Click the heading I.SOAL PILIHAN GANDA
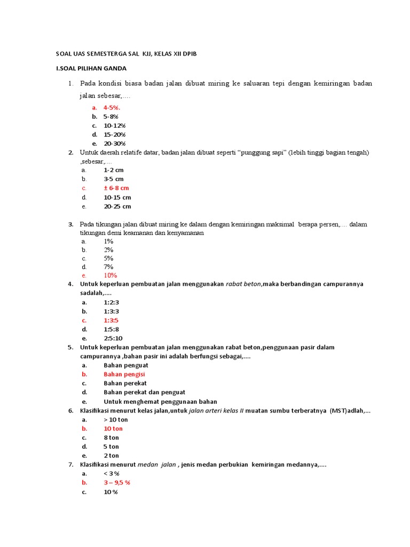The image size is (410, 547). tap(91, 68)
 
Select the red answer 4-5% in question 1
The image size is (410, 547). tap(112, 107)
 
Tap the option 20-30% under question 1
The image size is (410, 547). tap(114, 143)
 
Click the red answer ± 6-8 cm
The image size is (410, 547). tap(116, 188)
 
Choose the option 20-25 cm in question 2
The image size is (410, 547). tap(117, 206)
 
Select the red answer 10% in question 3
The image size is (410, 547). tap(111, 275)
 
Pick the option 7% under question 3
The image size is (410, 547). tap(108, 267)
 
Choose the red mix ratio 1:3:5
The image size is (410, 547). tap(111, 321)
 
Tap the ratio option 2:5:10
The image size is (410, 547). tap(113, 339)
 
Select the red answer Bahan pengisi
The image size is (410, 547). tap(124, 374)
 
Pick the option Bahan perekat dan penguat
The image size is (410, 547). tap(144, 393)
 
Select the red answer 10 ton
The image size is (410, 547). tap(113, 428)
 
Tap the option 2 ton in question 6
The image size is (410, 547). tap(112, 456)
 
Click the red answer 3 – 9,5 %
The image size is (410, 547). tap(117, 482)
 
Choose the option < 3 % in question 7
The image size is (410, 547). tap(112, 473)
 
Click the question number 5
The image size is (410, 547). tap(70, 347)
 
